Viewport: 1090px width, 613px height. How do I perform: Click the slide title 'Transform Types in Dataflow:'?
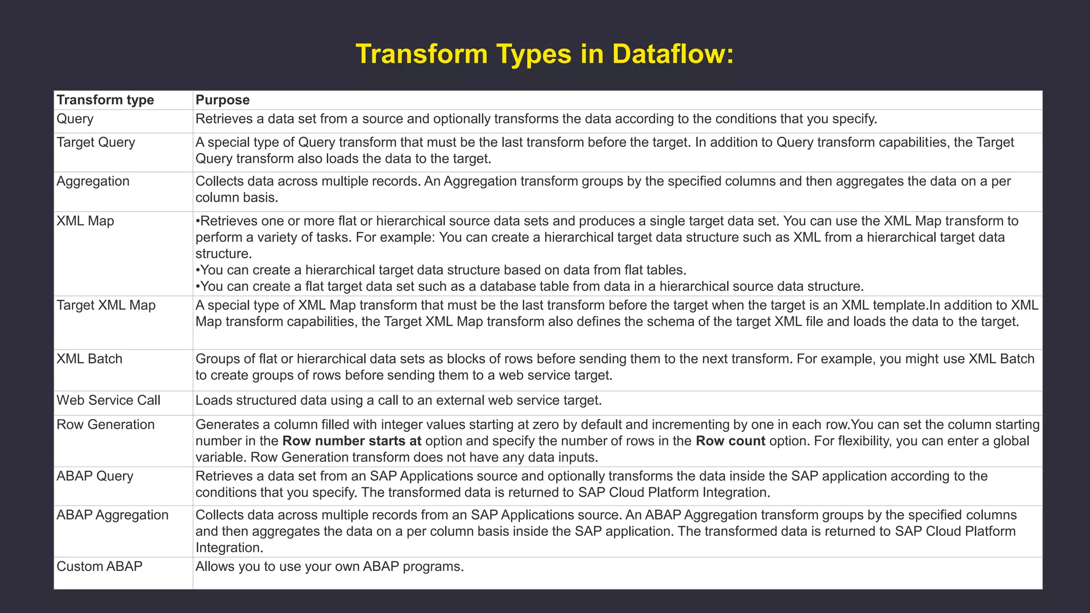tap(544, 54)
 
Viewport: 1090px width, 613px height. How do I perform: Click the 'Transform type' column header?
tap(105, 100)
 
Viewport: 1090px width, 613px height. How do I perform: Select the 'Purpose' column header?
tap(222, 100)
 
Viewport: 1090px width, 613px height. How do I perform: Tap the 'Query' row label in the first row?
tap(75, 119)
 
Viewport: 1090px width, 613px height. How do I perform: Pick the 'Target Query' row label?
tap(96, 142)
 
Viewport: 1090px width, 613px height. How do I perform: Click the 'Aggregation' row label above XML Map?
tap(93, 181)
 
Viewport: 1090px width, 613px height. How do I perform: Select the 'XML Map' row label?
tap(85, 221)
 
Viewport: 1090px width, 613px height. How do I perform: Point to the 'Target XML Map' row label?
tap(106, 305)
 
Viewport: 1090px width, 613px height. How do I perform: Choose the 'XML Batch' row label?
tap(89, 359)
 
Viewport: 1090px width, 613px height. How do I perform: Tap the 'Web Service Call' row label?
tap(108, 401)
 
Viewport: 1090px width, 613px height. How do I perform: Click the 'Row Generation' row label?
tap(105, 424)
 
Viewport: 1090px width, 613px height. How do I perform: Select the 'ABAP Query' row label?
tap(95, 476)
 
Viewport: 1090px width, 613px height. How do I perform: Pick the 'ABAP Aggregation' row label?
tap(112, 515)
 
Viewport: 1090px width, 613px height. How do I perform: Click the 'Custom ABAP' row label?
tap(100, 566)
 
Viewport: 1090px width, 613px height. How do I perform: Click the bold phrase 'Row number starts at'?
tap(352, 441)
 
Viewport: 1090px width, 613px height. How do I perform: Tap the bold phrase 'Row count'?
tap(730, 441)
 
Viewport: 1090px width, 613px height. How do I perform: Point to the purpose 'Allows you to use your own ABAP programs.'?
tap(329, 566)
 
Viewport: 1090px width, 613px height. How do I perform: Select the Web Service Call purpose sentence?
tap(398, 401)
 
